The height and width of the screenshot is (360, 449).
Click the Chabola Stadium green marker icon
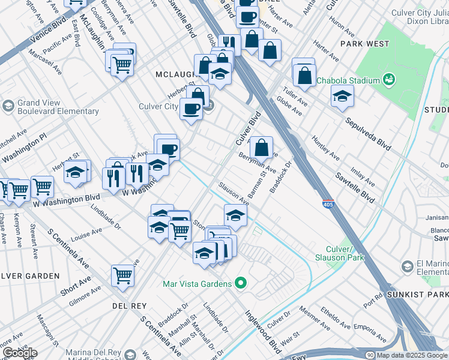[x=389, y=80]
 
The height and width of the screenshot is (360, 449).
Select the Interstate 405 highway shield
[x=328, y=204]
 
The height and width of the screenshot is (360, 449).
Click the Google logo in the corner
[x=19, y=353]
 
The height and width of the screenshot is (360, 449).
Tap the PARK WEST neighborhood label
[x=364, y=44]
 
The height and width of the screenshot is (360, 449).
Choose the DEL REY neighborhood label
[x=129, y=305]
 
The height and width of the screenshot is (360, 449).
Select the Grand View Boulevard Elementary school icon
[x=8, y=106]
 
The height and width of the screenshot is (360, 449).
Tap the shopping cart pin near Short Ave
[x=122, y=276]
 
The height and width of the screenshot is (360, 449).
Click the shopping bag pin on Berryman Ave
[x=262, y=147]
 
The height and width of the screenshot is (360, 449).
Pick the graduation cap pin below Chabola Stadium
[x=342, y=95]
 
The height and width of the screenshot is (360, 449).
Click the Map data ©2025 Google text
[x=411, y=355]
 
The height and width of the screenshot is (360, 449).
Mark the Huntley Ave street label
[x=325, y=148]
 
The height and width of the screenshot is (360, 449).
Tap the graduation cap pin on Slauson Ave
[x=236, y=215]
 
